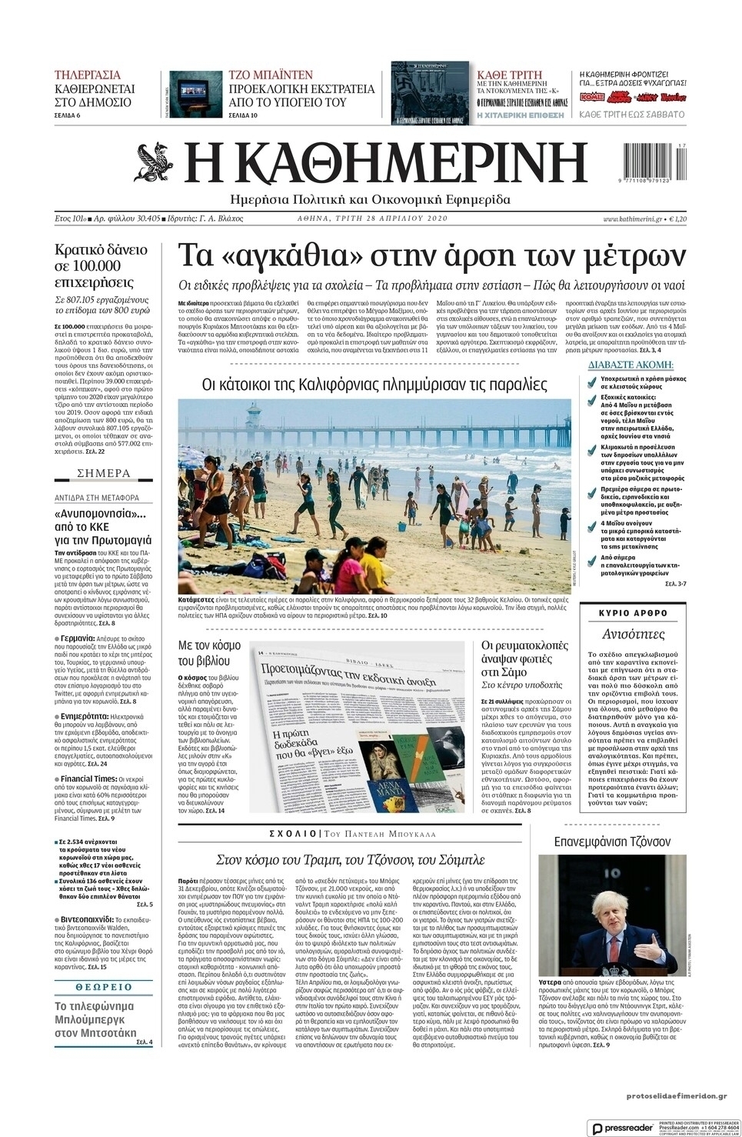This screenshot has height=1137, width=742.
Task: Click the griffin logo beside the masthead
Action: click(157, 162)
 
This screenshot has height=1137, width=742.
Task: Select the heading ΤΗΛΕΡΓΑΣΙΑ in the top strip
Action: click(88, 75)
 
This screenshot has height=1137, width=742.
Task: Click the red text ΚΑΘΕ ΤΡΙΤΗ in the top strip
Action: click(510, 75)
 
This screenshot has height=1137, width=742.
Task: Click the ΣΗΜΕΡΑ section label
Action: click(103, 472)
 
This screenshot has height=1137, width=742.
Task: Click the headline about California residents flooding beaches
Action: click(374, 384)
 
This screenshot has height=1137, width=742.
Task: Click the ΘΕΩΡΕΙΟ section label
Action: click(104, 987)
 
